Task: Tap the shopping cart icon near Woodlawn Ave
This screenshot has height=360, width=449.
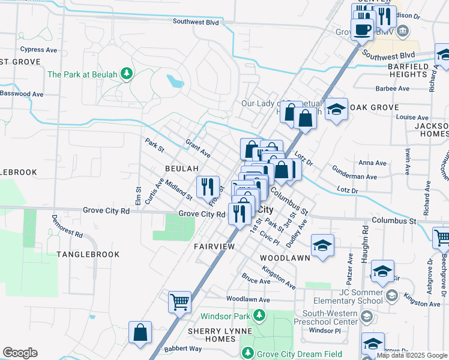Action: pyautogui.click(x=179, y=302)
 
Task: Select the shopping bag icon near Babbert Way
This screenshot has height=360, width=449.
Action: pyautogui.click(x=140, y=332)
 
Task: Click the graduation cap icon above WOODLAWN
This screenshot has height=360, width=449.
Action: pyautogui.click(x=322, y=245)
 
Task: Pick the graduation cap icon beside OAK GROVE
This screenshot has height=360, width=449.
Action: pyautogui.click(x=337, y=109)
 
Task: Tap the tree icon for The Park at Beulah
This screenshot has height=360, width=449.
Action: pyautogui.click(x=127, y=74)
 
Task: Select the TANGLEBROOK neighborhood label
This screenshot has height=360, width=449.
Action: pyautogui.click(x=88, y=254)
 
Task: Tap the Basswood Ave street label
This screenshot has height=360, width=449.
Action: pyautogui.click(x=22, y=94)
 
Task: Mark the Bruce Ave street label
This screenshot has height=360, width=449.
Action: pyautogui.click(x=256, y=281)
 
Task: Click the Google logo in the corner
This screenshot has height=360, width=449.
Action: pyautogui.click(x=20, y=353)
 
